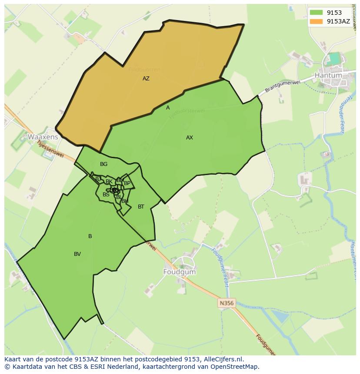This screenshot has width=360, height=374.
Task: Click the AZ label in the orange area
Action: click(x=146, y=79)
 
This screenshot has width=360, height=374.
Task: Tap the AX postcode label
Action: click(x=190, y=138)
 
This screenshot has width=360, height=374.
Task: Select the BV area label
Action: click(x=77, y=254)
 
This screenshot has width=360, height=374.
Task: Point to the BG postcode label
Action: click(x=103, y=164)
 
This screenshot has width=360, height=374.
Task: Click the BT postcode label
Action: click(x=141, y=207)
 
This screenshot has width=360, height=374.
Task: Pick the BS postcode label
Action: click(x=106, y=195)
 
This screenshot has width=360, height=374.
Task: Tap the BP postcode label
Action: click(x=127, y=183)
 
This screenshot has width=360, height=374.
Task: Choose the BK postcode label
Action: click(x=109, y=182)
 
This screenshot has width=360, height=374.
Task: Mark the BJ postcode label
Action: click(x=98, y=179)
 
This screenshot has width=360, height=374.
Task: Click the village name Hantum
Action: click(x=328, y=75)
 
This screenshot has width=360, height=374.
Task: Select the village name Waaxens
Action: click(x=43, y=137)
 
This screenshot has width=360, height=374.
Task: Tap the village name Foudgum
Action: click(x=180, y=272)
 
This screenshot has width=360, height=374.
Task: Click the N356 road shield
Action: click(x=227, y=303)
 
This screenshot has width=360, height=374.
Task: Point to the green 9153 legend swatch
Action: click(x=316, y=13)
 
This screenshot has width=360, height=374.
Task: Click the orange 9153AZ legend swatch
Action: click(x=316, y=21)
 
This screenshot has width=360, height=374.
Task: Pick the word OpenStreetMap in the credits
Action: click(x=234, y=367)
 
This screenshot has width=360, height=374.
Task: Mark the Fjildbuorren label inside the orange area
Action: click(x=144, y=70)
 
